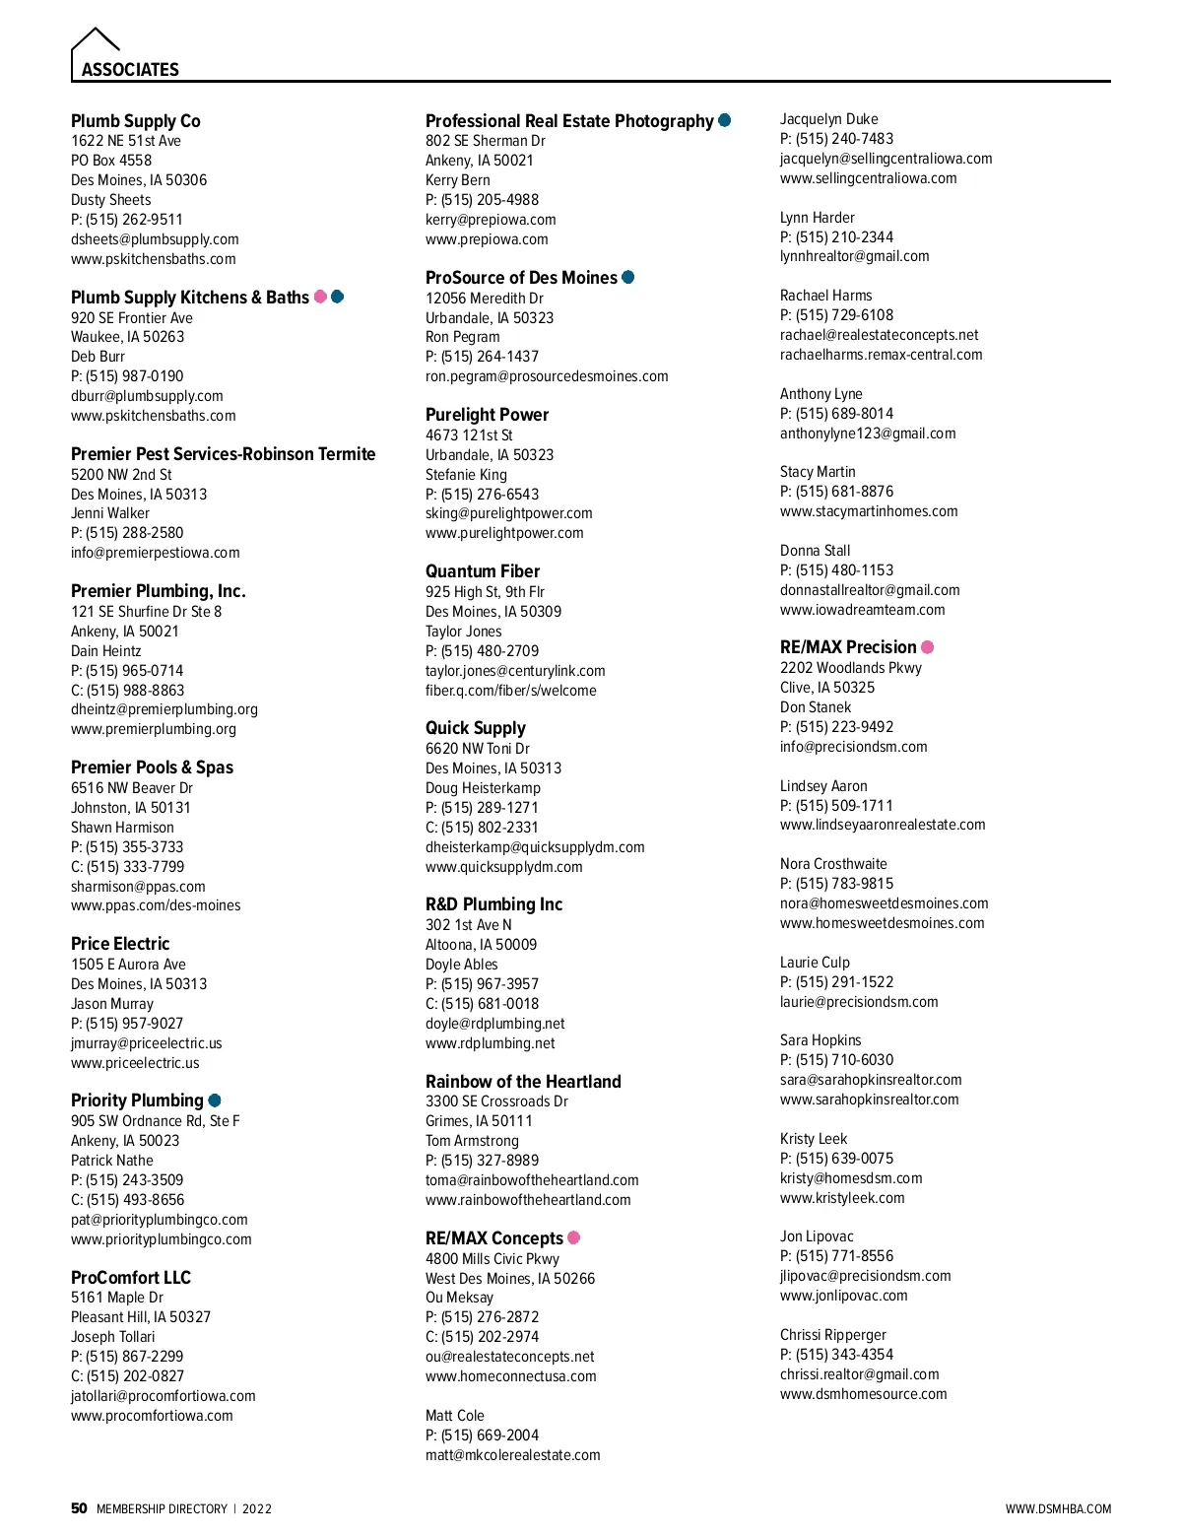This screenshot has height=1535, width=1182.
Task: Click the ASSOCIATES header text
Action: point(130,70)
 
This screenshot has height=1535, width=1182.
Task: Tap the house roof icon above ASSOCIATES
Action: point(96,40)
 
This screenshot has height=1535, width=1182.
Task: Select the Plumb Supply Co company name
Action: point(136,121)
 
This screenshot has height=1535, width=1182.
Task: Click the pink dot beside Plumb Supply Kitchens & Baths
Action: point(320,297)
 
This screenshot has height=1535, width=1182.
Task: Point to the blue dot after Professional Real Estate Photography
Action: point(725,120)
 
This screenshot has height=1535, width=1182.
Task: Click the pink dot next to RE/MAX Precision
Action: point(927,647)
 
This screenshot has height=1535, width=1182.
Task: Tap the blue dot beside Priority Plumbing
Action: point(215,1101)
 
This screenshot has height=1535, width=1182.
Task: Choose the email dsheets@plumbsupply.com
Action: point(155,239)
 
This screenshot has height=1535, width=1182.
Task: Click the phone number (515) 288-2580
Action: point(134,533)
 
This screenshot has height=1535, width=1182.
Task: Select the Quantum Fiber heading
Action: point(483,571)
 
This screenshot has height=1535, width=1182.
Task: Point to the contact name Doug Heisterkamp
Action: point(483,788)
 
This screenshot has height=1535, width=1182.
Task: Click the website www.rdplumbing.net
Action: point(491,1043)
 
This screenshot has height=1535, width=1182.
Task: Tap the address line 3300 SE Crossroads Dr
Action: point(496,1101)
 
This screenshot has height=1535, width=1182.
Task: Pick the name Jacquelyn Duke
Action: point(829,119)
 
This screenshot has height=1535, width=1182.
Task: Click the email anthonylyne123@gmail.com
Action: point(868,434)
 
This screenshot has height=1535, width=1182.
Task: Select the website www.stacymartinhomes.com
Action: point(869,511)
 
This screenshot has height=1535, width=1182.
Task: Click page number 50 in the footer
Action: point(79,1508)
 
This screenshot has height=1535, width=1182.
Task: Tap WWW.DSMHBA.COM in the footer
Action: point(1058,1509)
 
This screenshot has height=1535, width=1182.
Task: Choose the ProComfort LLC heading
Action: point(131,1278)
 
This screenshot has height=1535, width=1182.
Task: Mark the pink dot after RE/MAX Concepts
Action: point(574,1237)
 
